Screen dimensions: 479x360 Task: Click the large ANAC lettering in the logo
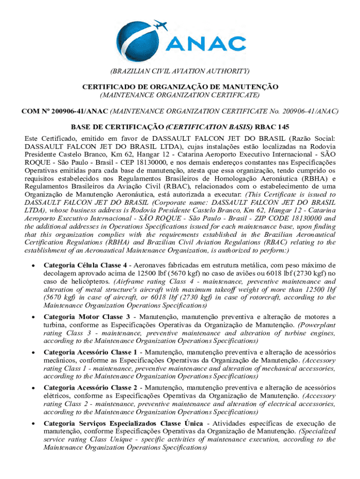coord(206,43)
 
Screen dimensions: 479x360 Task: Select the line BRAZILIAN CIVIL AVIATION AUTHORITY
coord(180,71)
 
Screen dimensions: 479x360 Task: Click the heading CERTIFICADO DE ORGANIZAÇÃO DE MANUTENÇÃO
coord(180,87)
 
